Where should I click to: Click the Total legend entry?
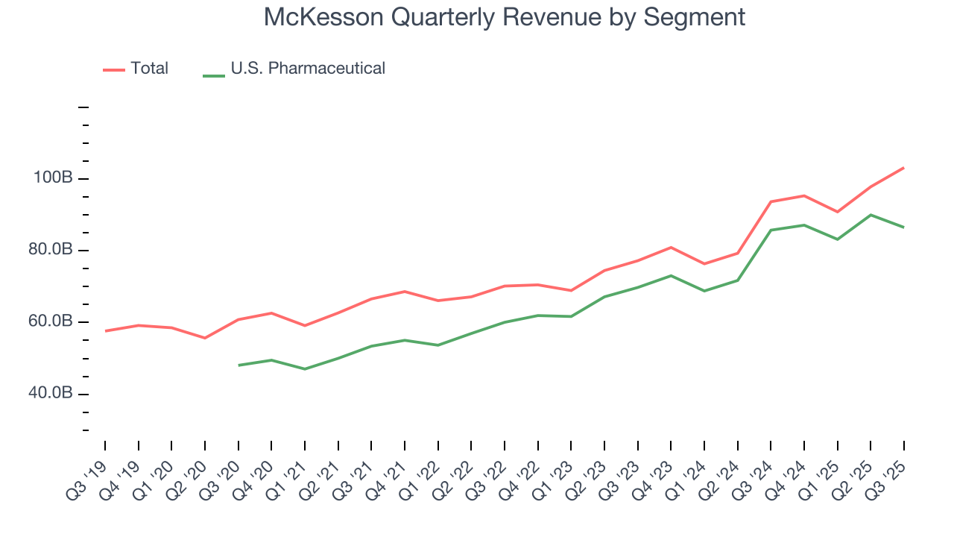coord(149,69)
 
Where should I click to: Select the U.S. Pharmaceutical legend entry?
coord(307,69)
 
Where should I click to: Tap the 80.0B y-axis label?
coord(51,250)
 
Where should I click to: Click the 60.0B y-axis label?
coord(51,321)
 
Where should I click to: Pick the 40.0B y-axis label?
coord(51,393)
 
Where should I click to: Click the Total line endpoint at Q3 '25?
coord(904,168)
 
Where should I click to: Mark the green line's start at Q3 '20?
coord(238,365)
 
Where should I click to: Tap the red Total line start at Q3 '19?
coord(105,331)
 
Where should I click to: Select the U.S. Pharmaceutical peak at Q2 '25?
coord(871,215)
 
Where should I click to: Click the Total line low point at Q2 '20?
coord(205,338)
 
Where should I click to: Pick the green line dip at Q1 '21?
coord(305,369)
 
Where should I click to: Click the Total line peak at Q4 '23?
coord(671,247)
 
